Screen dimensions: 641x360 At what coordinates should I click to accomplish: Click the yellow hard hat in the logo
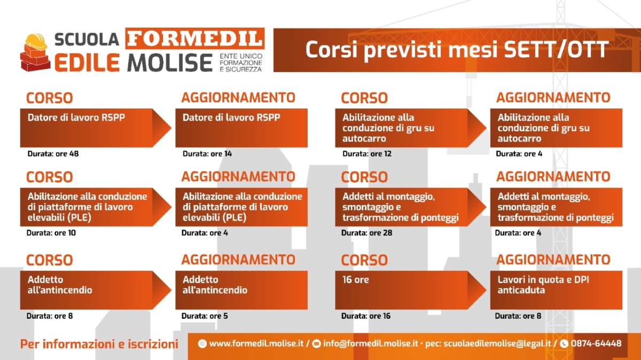point(36,42)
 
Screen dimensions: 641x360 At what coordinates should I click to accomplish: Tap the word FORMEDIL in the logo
point(195,38)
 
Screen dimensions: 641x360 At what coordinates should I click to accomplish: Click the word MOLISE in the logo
point(170,62)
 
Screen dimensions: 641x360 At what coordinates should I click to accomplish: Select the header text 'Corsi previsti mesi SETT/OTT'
point(457,50)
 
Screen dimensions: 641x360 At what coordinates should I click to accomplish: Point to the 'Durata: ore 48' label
point(53,154)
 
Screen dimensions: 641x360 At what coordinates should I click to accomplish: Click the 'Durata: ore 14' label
point(207,154)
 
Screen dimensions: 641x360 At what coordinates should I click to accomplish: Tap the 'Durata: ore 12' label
point(367,154)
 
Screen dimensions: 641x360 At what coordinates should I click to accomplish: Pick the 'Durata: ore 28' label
point(366,233)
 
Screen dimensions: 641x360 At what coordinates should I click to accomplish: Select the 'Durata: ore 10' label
point(51,233)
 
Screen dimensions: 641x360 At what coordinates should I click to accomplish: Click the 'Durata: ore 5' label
point(205,316)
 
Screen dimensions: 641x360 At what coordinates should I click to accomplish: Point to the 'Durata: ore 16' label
point(366,316)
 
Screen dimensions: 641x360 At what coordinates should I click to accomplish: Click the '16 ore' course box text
point(356,279)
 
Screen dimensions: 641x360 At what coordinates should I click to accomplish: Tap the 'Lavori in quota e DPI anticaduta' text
point(543,285)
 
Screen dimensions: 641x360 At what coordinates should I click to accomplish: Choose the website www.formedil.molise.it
point(256,343)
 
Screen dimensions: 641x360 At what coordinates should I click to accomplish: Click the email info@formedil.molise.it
point(371,343)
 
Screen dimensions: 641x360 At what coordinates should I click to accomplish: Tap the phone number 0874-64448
point(596,343)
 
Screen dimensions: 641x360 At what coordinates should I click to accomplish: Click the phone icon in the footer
point(564,343)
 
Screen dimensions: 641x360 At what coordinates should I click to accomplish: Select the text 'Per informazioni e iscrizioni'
point(99,344)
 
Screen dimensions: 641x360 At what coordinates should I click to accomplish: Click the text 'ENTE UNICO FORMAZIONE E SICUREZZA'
point(241,62)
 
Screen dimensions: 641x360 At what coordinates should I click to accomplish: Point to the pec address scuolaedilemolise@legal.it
point(497,343)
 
